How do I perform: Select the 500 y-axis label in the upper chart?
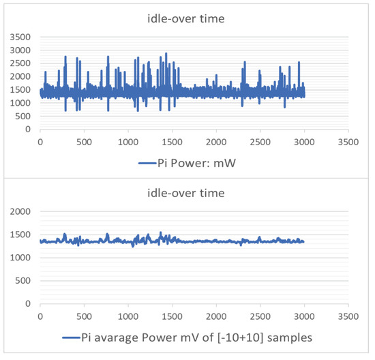pos(24,116)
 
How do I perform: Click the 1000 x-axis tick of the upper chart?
pos(128,142)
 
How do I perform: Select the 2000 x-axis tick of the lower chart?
pos(216,317)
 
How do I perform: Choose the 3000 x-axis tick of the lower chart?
pos(304,317)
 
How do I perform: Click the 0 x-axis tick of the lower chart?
pos(40,317)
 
